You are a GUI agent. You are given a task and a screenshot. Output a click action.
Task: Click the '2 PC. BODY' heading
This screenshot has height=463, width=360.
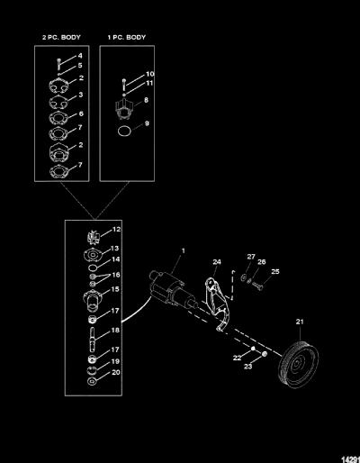click(x=61, y=38)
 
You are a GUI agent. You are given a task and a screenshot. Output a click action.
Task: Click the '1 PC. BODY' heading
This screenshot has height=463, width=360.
click(x=127, y=38)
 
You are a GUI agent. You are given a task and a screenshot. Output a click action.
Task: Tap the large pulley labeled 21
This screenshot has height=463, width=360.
click(x=298, y=364)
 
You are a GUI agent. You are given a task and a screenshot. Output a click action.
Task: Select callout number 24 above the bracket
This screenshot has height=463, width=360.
click(x=217, y=262)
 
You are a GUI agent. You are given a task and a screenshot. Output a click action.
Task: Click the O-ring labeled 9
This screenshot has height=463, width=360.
click(x=124, y=132)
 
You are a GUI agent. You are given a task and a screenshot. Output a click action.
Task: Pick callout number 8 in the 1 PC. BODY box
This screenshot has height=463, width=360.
click(x=146, y=100)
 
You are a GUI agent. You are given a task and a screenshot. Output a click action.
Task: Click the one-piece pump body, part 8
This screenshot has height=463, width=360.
click(x=124, y=109)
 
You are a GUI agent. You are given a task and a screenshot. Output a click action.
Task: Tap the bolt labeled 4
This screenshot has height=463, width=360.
click(x=58, y=64)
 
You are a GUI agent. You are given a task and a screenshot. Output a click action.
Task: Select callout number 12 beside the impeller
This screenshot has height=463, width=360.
click(x=116, y=230)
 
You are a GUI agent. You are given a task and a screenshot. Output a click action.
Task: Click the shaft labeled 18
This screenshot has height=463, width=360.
click(x=92, y=340)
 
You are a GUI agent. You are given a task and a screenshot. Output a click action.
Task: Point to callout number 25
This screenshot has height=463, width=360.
click(x=275, y=271)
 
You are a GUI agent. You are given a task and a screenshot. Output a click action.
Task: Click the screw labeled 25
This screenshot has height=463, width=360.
click(x=257, y=286)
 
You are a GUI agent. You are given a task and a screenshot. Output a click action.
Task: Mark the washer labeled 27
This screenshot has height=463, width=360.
click(x=243, y=277)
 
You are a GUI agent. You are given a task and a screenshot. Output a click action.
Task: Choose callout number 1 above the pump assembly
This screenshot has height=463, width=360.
click(x=183, y=250)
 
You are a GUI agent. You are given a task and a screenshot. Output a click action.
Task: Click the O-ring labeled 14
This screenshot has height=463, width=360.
click(x=93, y=268)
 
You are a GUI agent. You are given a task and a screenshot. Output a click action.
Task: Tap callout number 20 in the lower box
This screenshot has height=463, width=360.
click(x=116, y=372)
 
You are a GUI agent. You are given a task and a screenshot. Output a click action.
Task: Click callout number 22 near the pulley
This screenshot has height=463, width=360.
click(x=237, y=358)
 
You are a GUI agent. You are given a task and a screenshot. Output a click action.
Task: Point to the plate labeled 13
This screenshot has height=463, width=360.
click(x=94, y=255)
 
